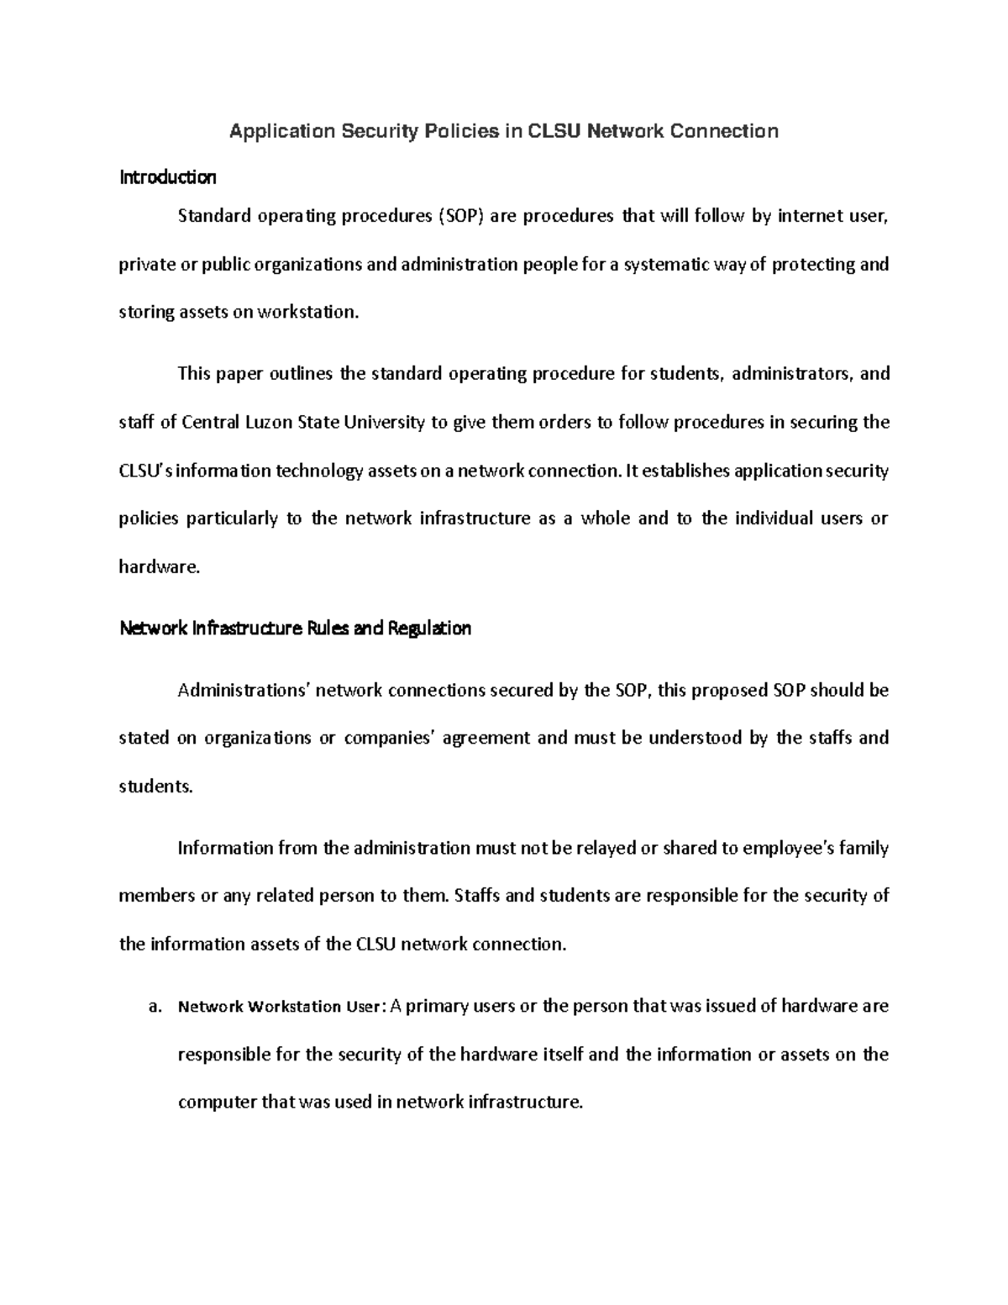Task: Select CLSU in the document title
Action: tap(554, 131)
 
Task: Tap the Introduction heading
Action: tap(168, 177)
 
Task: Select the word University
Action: tap(385, 422)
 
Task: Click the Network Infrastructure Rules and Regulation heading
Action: tap(296, 629)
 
